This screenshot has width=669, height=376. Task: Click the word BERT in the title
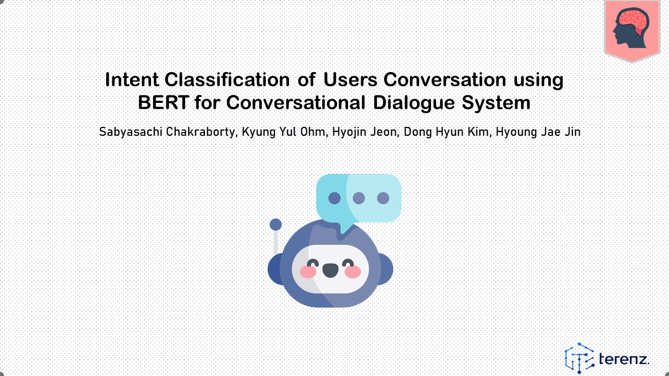point(164,102)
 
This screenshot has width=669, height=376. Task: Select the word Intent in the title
point(132,80)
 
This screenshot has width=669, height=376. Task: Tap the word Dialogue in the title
point(414,103)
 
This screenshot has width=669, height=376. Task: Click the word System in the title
point(496,103)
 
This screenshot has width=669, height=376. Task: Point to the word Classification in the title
point(227,80)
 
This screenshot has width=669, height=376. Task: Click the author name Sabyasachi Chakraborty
point(167,132)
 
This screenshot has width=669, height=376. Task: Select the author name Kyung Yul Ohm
point(283,132)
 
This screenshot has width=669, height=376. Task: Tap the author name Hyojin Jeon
point(364,132)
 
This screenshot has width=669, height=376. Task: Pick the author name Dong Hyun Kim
point(446,132)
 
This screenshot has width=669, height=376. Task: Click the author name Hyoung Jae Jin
point(538,132)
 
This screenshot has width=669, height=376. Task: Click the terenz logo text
point(624,359)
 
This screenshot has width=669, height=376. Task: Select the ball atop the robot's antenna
point(275,225)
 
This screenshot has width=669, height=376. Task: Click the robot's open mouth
point(330,271)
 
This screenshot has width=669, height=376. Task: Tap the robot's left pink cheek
point(308,272)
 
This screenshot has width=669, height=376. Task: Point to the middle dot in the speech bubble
point(359,198)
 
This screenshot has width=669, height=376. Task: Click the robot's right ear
point(386,269)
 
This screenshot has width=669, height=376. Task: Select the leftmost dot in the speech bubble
point(334,198)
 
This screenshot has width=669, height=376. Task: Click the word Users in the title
point(350,80)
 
